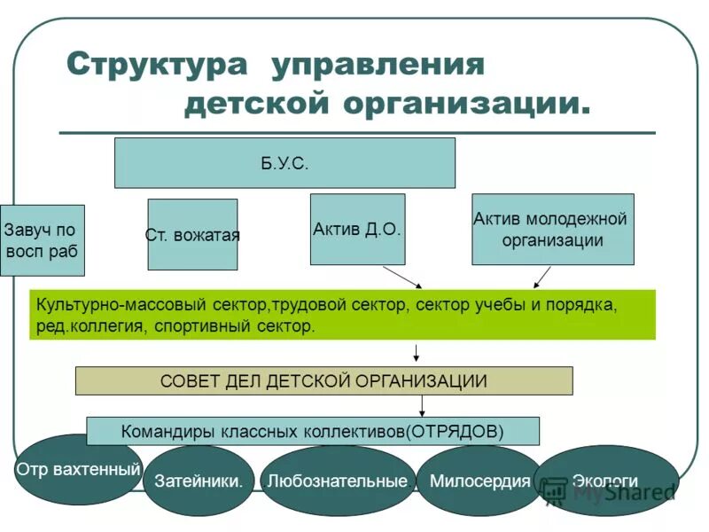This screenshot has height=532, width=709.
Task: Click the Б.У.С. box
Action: (x=284, y=162)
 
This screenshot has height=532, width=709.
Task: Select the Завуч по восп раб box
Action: (x=42, y=239)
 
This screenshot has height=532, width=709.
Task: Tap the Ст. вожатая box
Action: (x=192, y=235)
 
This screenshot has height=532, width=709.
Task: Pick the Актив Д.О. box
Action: (x=357, y=229)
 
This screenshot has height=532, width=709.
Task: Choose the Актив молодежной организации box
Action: (x=552, y=229)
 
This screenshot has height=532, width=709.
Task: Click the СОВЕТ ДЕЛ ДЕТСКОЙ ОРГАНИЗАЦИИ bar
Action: (x=323, y=380)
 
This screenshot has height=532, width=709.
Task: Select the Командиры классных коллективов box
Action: (x=313, y=432)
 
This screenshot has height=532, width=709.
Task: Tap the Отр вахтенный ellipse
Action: (x=78, y=469)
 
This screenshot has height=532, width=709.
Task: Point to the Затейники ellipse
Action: (x=199, y=481)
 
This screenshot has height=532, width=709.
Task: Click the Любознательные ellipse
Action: (x=338, y=481)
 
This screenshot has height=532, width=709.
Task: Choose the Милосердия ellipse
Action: (x=479, y=481)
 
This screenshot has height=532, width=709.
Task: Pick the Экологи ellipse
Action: (x=606, y=481)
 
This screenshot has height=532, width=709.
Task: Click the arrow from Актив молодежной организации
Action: (x=541, y=278)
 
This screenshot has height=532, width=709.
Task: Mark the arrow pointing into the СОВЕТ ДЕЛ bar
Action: (x=417, y=353)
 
